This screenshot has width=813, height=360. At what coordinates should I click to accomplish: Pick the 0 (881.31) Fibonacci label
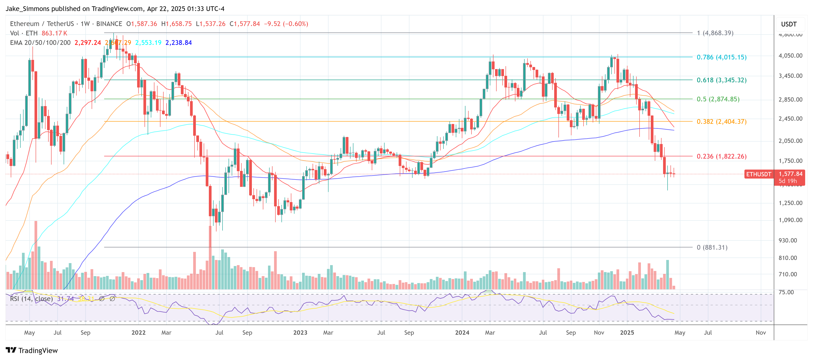(x=712, y=247)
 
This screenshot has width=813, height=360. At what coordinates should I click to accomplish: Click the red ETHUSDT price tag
(x=758, y=174)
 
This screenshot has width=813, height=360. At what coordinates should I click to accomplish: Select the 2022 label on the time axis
(x=138, y=333)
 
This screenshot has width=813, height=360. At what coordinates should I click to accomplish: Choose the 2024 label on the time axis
(x=462, y=333)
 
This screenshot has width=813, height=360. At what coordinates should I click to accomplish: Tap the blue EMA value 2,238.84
(x=178, y=43)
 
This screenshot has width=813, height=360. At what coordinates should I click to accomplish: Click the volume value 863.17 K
(x=54, y=33)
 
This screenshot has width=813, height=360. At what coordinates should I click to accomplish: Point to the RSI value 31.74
(x=65, y=299)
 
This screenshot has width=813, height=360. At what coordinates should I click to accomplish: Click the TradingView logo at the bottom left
(x=32, y=351)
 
